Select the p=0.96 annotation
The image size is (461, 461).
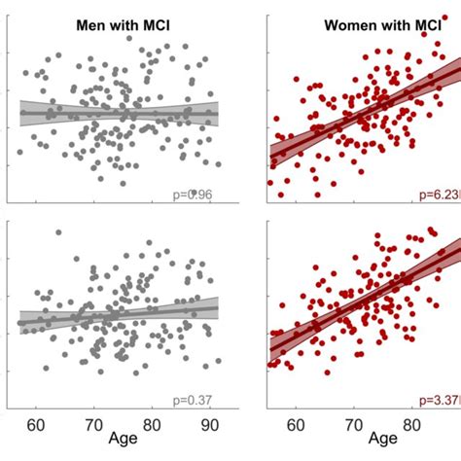(x=191, y=195)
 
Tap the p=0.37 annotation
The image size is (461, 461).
(x=191, y=400)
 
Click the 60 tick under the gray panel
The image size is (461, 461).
(x=38, y=425)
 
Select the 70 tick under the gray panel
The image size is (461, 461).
(x=94, y=425)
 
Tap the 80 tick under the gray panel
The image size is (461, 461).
(x=152, y=425)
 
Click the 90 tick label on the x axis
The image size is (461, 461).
(x=208, y=425)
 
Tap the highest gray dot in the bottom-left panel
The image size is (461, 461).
(x=58, y=232)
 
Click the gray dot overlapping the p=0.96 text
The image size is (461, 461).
(x=193, y=193)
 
